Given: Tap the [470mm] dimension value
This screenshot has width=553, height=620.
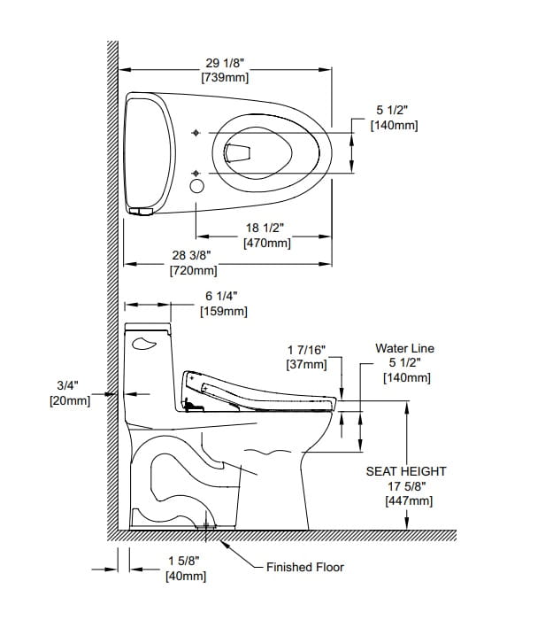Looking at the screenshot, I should [266, 243].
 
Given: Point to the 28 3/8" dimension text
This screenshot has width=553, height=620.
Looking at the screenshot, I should [192, 256].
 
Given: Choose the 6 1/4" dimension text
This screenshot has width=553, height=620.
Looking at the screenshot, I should [222, 296].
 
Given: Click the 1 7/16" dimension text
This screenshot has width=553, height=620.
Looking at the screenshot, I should [306, 349].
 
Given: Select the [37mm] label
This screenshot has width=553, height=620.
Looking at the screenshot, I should [306, 363].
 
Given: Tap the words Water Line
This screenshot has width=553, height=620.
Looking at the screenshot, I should [404, 349].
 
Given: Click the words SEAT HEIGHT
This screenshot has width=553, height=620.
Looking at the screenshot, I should [406, 472].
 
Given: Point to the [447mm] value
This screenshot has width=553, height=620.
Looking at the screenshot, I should [408, 500].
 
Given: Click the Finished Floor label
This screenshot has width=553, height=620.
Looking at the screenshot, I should [305, 567].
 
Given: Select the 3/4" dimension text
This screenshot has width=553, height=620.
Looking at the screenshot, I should [69, 385].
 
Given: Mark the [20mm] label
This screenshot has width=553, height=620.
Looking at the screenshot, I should [69, 400].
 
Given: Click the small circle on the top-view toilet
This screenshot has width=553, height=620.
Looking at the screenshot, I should [196, 185].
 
